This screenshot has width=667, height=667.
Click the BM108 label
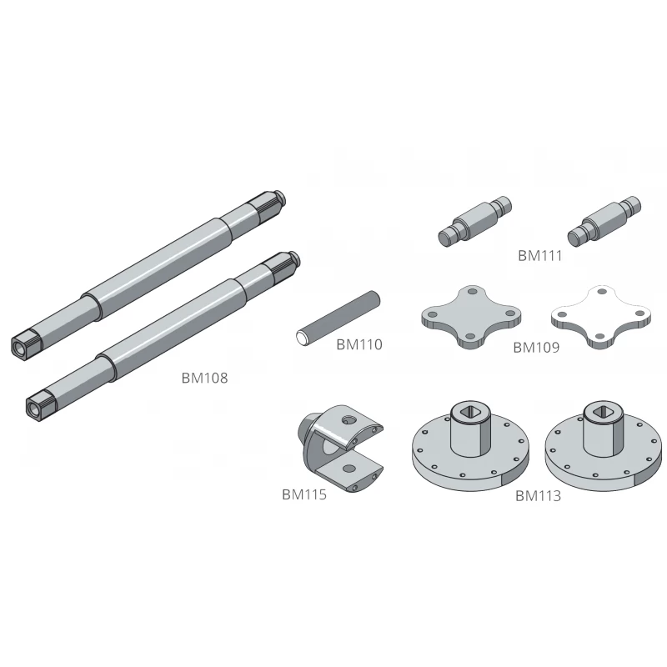tap(204, 378)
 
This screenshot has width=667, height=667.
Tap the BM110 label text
tap(359, 344)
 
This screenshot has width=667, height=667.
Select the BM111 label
tap(540, 256)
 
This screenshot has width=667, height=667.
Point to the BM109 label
tap(536, 348)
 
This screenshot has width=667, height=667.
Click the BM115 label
tap(304, 494)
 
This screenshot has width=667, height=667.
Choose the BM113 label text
tap(538, 496)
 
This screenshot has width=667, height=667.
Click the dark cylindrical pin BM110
tap(339, 318)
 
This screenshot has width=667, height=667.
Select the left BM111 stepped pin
tap(474, 221)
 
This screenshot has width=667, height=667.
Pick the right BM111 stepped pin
tap(604, 221)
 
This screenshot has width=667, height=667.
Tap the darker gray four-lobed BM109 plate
tap(471, 317)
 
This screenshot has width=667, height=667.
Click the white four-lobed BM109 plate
tap(600, 317)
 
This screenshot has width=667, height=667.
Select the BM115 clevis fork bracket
tap(340, 448)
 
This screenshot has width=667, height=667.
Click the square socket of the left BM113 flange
tap(470, 411)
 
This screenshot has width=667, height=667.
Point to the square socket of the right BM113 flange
tap(603, 411)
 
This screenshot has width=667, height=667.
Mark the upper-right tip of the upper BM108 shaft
tap(284, 197)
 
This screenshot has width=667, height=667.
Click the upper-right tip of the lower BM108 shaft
tap(298, 257)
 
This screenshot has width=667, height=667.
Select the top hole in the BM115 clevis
tap(349, 420)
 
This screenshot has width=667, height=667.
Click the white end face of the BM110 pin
tap(303, 339)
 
